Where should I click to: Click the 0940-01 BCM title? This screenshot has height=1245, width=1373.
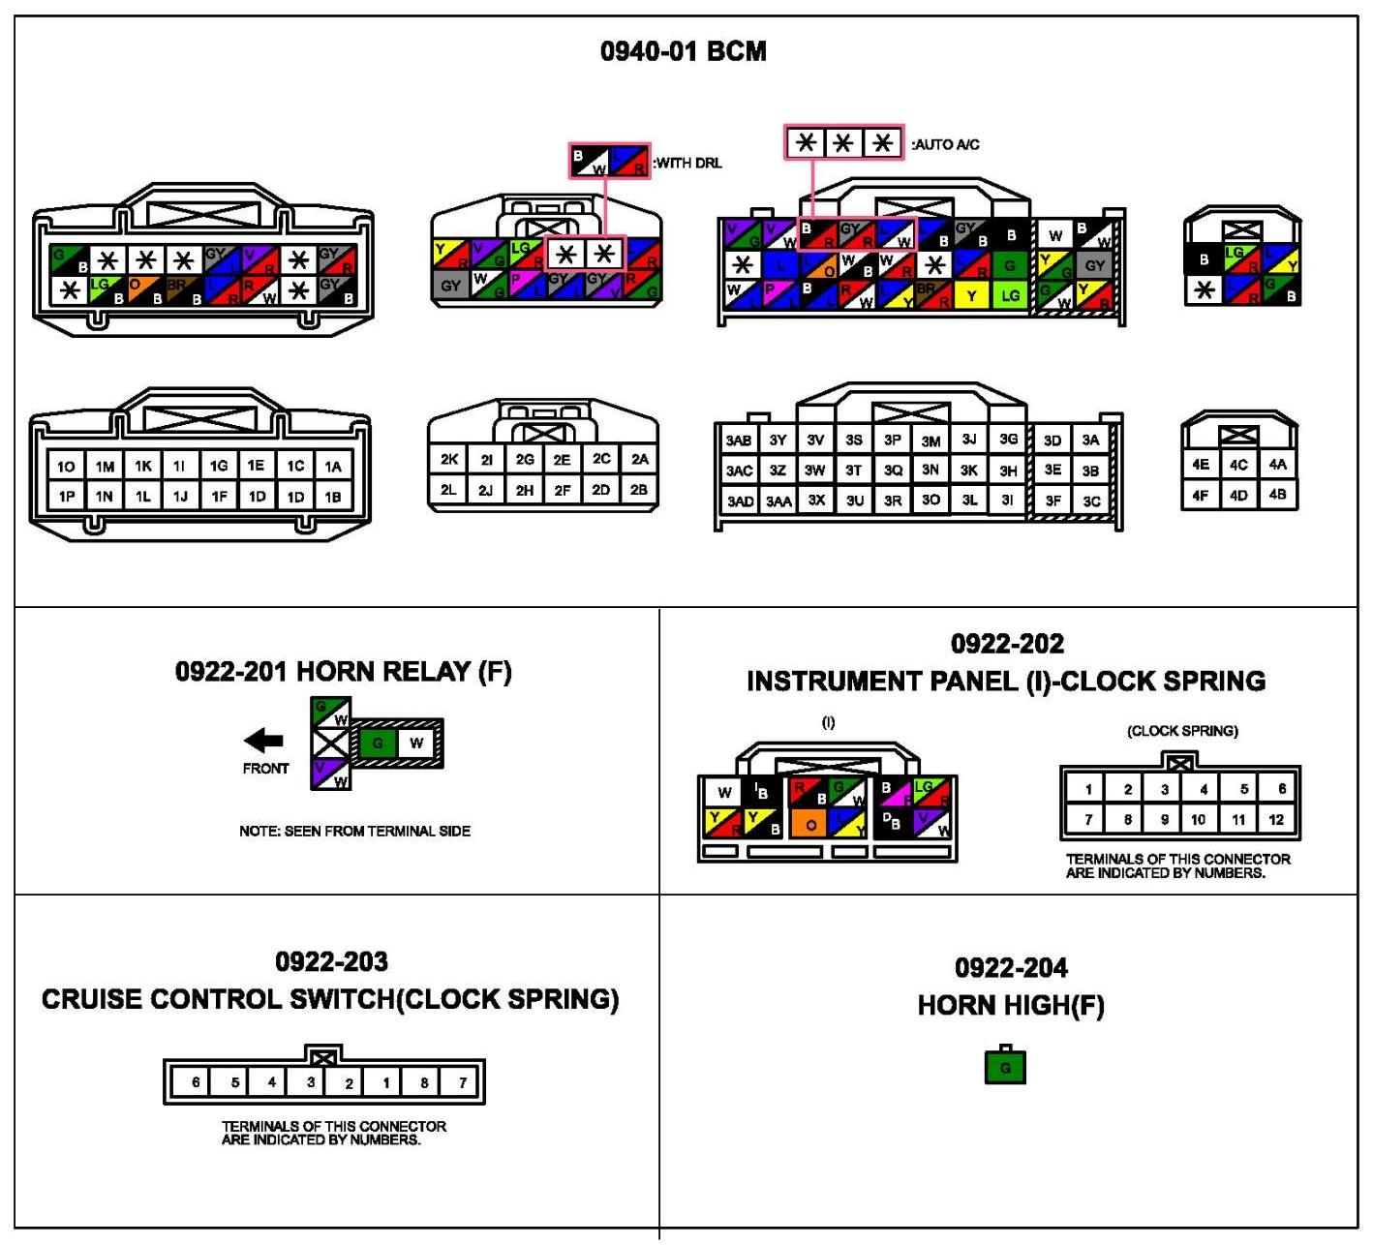(683, 51)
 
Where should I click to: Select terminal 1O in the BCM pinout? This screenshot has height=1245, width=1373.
(66, 467)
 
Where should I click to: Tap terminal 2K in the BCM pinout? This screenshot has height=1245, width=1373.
(448, 459)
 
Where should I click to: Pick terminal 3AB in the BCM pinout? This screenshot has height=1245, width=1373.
(739, 440)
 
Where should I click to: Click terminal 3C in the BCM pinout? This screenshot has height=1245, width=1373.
(1091, 501)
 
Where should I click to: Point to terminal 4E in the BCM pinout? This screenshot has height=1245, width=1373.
(1201, 465)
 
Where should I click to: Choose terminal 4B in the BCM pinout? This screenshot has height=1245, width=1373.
(1277, 495)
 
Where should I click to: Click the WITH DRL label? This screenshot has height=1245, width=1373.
(687, 163)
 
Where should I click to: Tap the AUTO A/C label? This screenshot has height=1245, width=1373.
(945, 144)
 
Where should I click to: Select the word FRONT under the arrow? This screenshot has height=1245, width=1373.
(265, 769)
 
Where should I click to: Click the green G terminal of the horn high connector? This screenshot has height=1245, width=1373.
(1005, 1068)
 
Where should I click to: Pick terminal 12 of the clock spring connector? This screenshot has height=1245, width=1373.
(1276, 820)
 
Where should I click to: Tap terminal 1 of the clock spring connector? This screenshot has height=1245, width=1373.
(1088, 789)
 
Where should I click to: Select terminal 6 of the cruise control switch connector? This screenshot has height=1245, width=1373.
(196, 1082)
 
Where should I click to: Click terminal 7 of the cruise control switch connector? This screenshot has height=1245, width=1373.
(463, 1082)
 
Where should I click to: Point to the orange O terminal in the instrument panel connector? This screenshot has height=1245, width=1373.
(810, 825)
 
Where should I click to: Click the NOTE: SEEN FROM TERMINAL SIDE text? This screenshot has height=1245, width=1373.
(354, 831)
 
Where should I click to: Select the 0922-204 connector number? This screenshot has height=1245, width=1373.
(1011, 967)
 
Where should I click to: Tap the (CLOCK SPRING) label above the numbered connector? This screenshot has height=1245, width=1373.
(1182, 731)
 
